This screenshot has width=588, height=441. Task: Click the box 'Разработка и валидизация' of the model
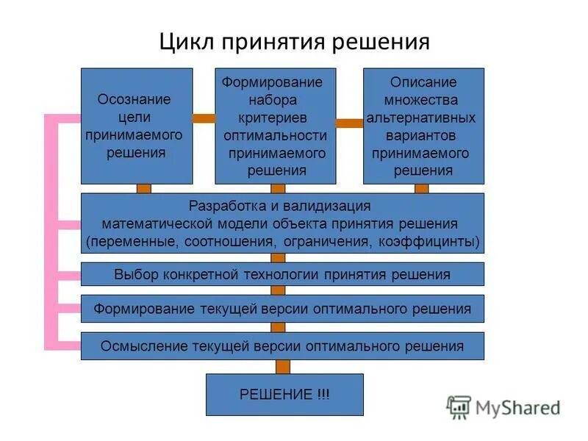[x=282, y=223]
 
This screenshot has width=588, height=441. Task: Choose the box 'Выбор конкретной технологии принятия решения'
[x=282, y=275]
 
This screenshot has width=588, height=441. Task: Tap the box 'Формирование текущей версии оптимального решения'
[x=282, y=309]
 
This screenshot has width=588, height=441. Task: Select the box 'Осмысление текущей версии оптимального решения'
[x=282, y=345]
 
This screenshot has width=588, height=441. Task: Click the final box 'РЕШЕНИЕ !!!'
[x=284, y=395]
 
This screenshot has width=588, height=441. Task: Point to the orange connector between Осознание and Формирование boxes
[x=204, y=118]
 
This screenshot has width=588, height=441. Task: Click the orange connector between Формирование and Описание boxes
[x=349, y=123]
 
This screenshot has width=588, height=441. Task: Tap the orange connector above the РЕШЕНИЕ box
[x=283, y=366]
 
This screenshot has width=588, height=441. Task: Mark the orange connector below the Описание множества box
[x=421, y=189]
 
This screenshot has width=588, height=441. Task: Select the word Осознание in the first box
[x=134, y=99]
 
